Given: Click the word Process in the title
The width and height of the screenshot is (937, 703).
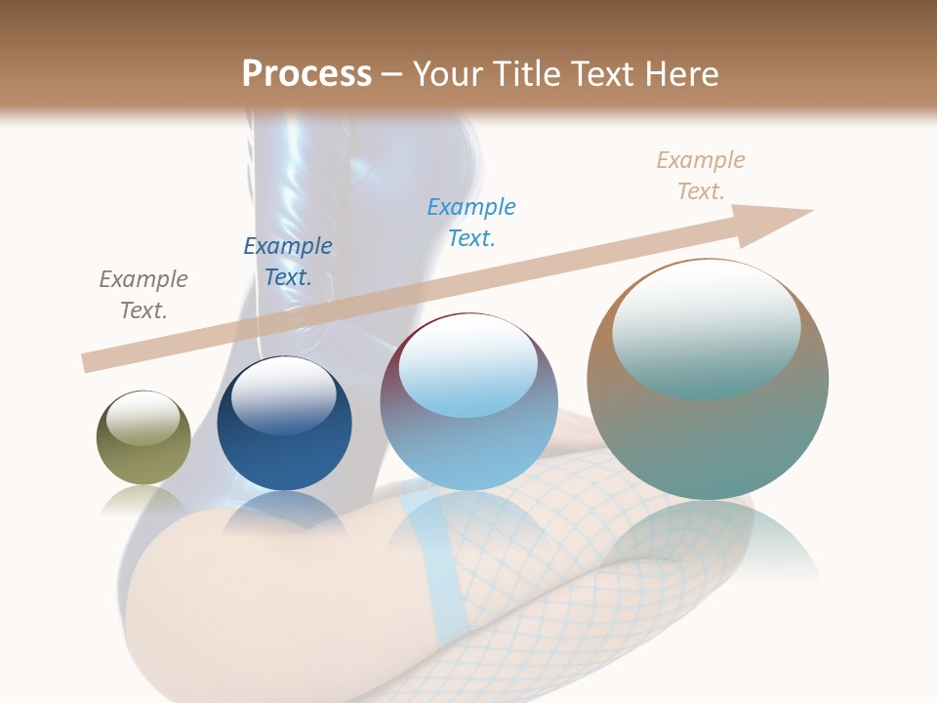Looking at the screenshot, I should tap(306, 74).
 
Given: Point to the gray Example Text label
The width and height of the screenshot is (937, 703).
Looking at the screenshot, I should tap(143, 295).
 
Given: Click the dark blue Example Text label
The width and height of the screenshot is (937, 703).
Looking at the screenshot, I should tap(288, 262).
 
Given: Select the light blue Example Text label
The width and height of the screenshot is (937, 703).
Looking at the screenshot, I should tap(471, 222).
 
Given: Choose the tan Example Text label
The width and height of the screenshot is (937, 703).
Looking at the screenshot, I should tap(701, 176).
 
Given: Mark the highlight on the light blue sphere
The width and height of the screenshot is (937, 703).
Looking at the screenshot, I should tap(468, 363).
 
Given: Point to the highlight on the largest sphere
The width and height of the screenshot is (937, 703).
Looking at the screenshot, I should tap(706, 327).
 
